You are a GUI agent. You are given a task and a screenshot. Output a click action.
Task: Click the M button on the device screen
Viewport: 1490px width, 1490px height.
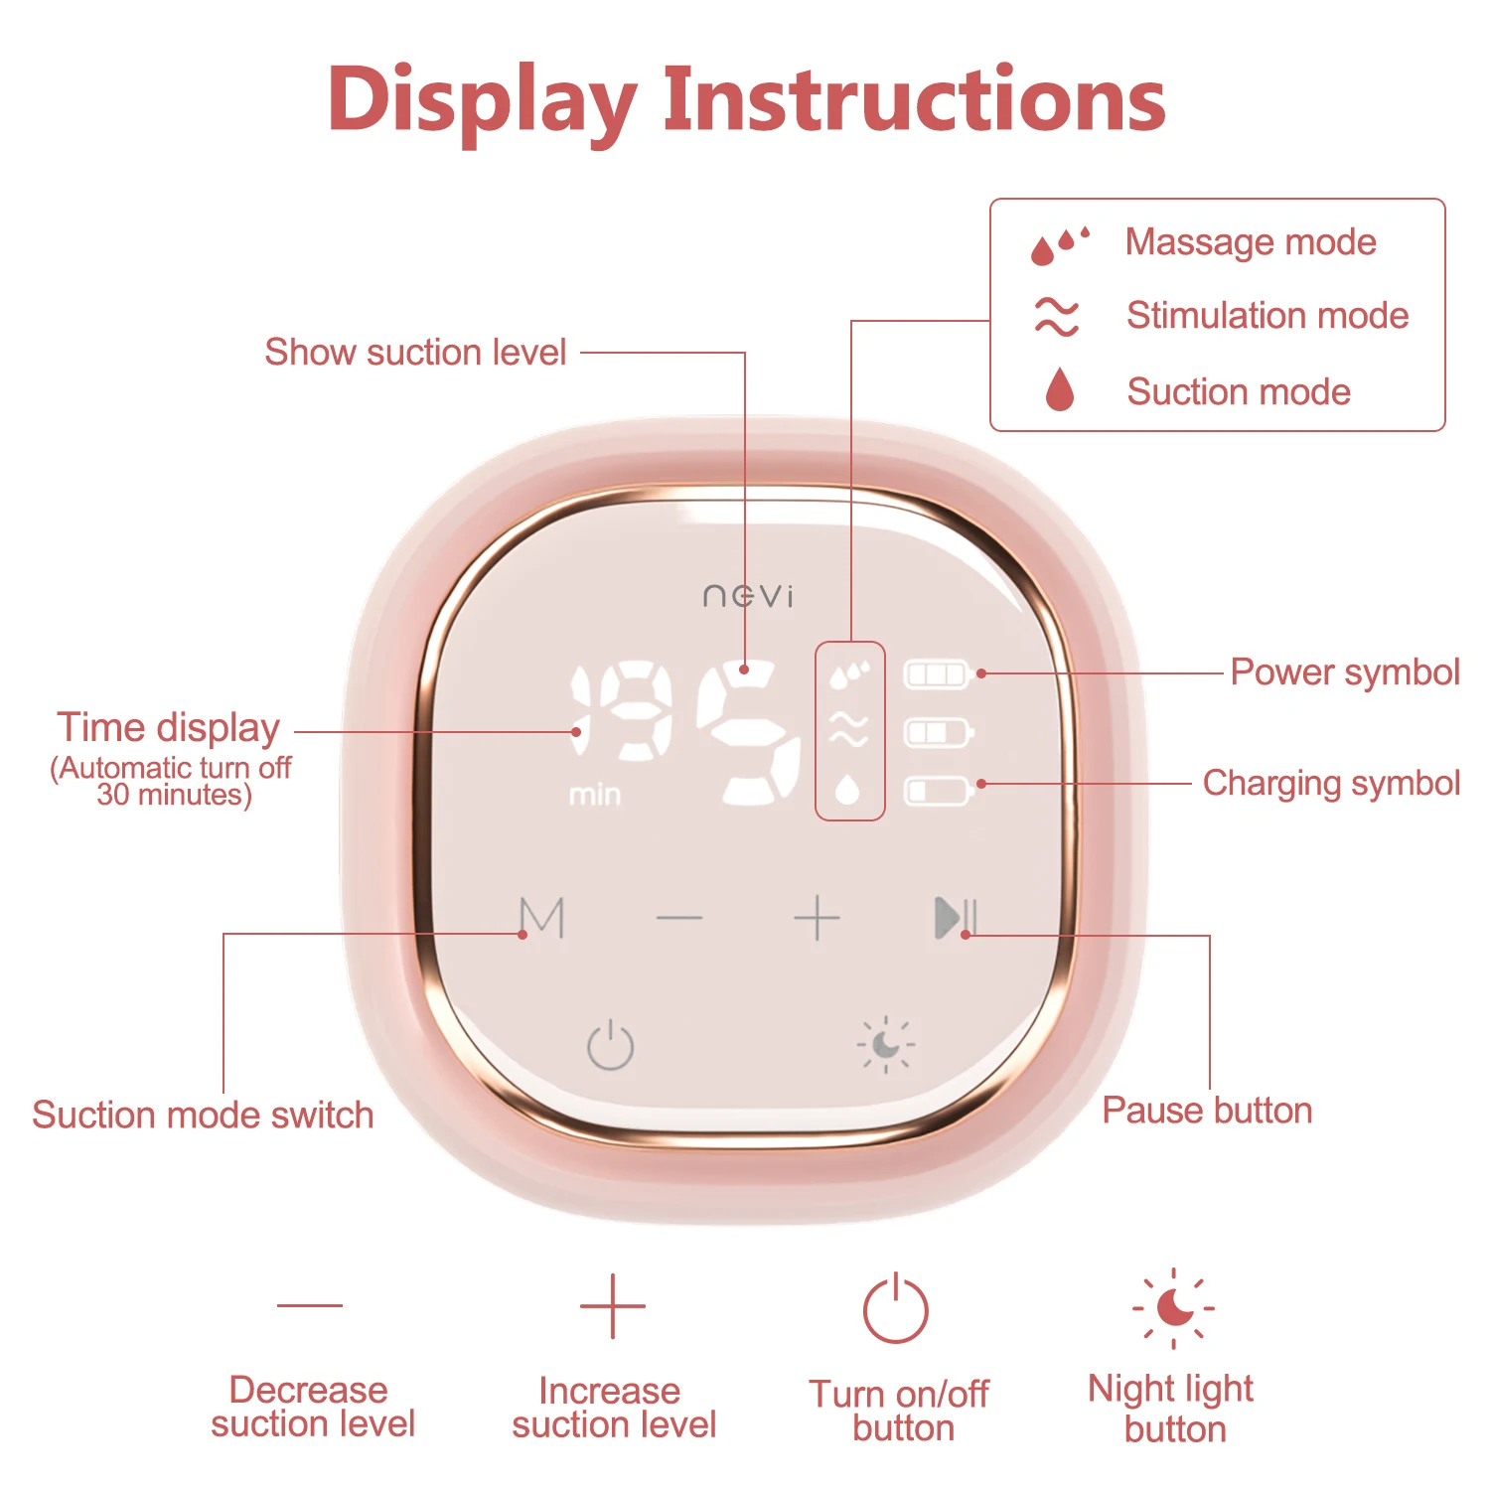point(542,918)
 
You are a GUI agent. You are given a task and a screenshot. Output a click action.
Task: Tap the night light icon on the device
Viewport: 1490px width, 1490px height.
point(885,1045)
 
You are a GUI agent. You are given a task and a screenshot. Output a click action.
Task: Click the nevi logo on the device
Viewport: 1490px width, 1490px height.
point(748,595)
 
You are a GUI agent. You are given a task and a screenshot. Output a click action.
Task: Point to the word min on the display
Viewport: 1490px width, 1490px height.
point(595,795)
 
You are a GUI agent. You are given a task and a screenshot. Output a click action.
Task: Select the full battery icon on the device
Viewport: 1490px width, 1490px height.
point(938,674)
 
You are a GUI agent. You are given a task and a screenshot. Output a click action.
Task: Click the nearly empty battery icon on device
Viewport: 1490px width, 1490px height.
point(938,791)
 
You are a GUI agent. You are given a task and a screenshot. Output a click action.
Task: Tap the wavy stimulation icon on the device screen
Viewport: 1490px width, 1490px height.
point(849,730)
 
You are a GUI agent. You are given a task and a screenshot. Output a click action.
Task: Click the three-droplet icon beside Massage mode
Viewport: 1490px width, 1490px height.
point(1059,244)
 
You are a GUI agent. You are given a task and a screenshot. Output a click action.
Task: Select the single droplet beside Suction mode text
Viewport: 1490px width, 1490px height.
point(1060,389)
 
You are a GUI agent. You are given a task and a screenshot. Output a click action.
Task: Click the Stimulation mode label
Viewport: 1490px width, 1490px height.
point(1266,316)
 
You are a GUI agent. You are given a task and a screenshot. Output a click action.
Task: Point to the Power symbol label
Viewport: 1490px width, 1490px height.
point(1345,672)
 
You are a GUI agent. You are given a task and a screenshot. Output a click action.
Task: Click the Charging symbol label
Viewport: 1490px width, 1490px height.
point(1331,783)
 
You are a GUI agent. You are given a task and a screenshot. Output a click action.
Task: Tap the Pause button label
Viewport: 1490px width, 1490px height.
point(1207,1110)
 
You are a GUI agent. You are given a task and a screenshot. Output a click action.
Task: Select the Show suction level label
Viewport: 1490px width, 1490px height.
point(415,352)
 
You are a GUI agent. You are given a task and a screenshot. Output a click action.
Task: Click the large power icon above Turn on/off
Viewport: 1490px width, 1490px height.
point(895,1309)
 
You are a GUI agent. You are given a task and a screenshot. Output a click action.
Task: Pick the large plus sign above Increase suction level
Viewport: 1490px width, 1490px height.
point(612,1306)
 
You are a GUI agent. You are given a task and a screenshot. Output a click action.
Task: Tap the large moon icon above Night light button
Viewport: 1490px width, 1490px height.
point(1174,1307)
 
